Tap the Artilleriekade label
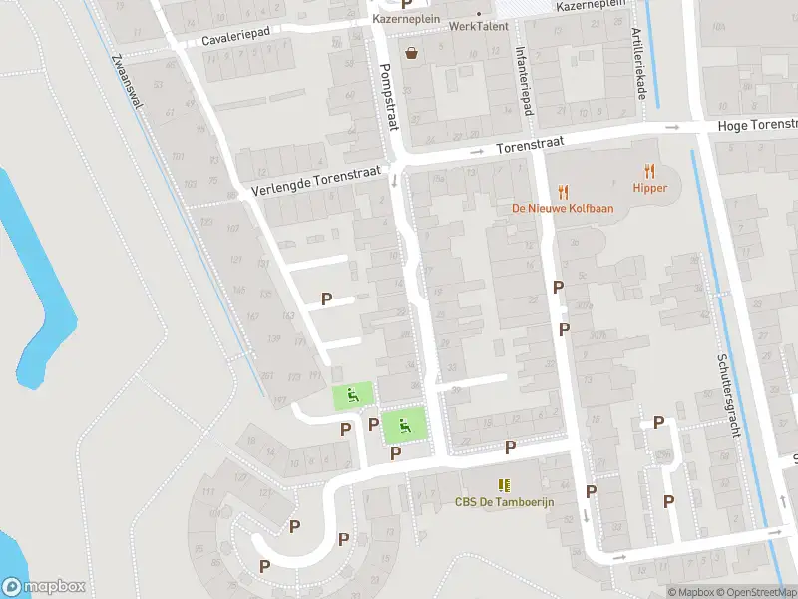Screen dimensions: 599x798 click(x=640, y=65)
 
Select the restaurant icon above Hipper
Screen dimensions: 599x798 click(x=650, y=171)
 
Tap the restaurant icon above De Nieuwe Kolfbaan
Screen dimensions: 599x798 click(x=563, y=192)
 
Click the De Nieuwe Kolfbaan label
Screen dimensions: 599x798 click(x=563, y=209)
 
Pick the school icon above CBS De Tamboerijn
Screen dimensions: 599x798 click(x=505, y=485)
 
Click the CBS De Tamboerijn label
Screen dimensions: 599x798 click(x=505, y=502)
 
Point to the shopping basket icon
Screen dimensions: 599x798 click(x=410, y=52)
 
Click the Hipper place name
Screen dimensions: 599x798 click(x=649, y=187)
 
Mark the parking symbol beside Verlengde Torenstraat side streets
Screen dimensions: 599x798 click(x=326, y=299)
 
